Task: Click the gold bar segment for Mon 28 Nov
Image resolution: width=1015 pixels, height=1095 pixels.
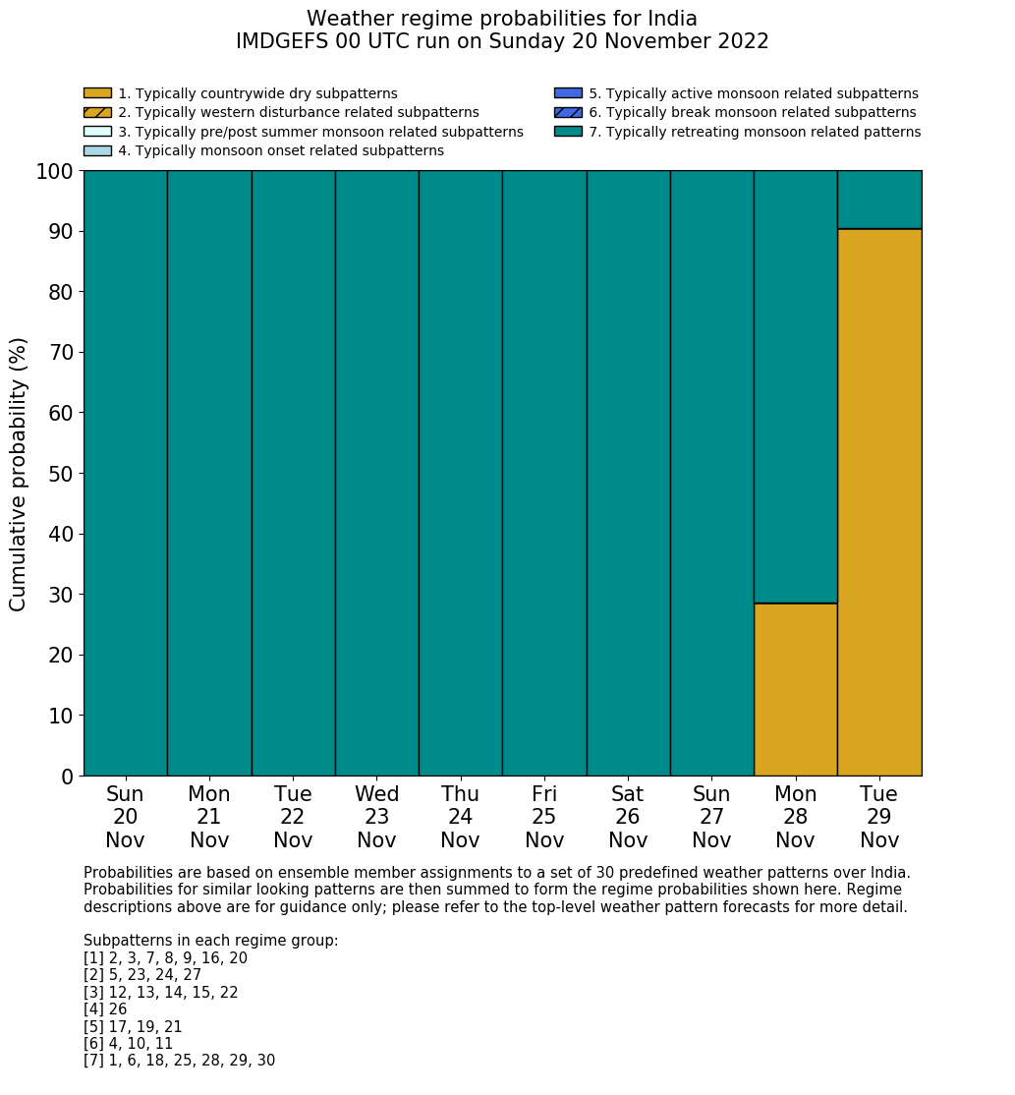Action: pyautogui.click(x=795, y=689)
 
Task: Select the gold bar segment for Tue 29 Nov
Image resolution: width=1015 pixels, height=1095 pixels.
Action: pyautogui.click(x=879, y=502)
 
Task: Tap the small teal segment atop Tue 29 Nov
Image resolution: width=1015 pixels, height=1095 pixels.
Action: pyautogui.click(x=879, y=200)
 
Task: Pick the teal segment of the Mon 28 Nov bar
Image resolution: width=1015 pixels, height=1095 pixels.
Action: pyautogui.click(x=795, y=386)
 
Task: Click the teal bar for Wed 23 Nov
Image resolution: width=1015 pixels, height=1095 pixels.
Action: pyautogui.click(x=376, y=473)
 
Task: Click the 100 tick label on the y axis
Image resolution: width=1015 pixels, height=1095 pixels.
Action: pyautogui.click(x=55, y=172)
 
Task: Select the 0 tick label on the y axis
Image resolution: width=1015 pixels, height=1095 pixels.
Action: pyautogui.click(x=67, y=777)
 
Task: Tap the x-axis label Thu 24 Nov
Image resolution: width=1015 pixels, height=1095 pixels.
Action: pyautogui.click(x=460, y=817)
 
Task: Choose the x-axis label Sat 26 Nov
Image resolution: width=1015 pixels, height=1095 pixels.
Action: pyautogui.click(x=628, y=817)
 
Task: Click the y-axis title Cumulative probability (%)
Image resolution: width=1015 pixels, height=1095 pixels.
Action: pyautogui.click(x=19, y=474)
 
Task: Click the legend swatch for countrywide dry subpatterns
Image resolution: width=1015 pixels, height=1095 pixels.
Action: pyautogui.click(x=97, y=93)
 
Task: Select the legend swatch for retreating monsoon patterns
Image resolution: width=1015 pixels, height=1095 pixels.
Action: pyautogui.click(x=568, y=132)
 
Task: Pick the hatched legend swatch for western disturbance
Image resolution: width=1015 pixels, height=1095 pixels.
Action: pyautogui.click(x=97, y=113)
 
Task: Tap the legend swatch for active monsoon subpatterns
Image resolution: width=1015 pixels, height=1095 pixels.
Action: pyautogui.click(x=568, y=93)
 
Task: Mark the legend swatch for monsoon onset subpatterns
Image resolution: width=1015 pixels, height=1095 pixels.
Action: pyautogui.click(x=97, y=150)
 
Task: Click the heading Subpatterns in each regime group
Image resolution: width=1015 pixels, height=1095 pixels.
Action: pyautogui.click(x=210, y=941)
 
